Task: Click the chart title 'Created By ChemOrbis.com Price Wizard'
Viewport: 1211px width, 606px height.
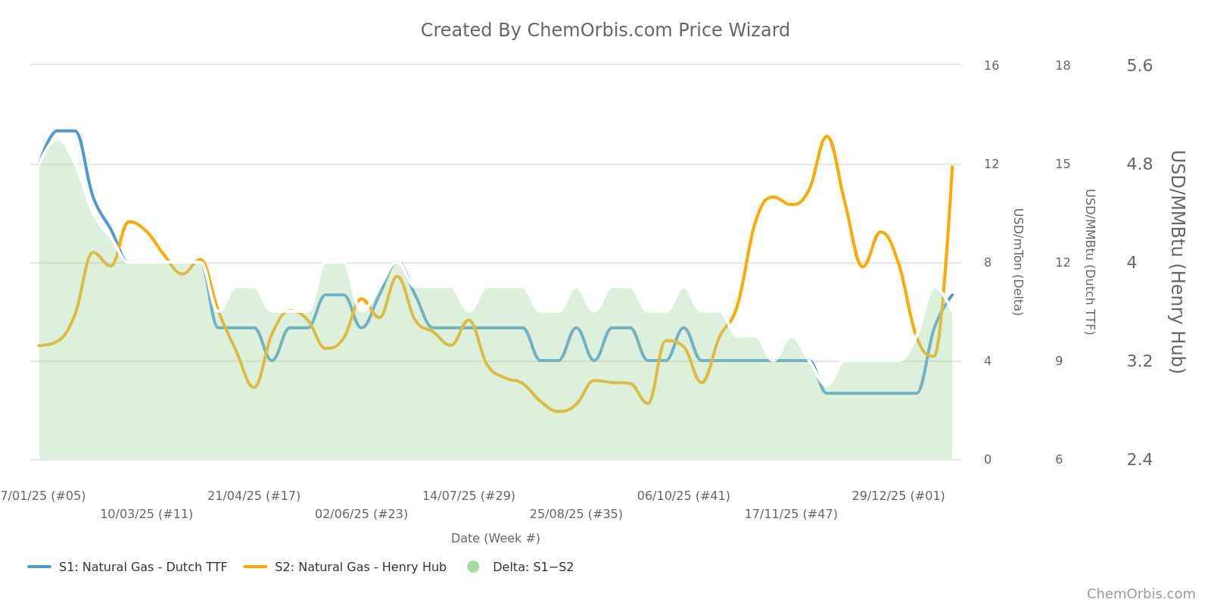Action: (x=605, y=30)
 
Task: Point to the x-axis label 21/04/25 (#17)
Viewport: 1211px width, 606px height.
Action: (x=254, y=496)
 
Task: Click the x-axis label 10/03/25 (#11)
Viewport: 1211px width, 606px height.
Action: (x=146, y=514)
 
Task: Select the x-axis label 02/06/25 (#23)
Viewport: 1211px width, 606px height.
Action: (x=361, y=514)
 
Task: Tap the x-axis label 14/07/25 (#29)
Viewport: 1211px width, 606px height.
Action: (x=469, y=496)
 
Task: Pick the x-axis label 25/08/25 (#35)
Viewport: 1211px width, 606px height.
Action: (x=576, y=514)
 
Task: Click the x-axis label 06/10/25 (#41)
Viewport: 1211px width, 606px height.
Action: (x=683, y=496)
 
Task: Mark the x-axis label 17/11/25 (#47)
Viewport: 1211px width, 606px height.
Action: (x=791, y=514)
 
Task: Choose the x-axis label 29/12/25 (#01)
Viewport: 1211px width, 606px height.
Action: (x=898, y=496)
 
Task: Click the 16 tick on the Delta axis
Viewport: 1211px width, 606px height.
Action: (x=991, y=66)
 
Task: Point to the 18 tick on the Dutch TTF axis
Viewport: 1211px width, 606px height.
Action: (x=1063, y=66)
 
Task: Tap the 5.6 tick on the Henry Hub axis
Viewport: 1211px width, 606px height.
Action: (x=1139, y=66)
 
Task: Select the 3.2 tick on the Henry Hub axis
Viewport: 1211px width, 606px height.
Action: (x=1139, y=361)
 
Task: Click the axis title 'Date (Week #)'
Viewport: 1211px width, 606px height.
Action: (x=495, y=539)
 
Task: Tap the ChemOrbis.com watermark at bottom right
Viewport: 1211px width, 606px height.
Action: (x=1141, y=594)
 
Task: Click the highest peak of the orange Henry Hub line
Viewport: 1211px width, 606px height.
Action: (x=827, y=137)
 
